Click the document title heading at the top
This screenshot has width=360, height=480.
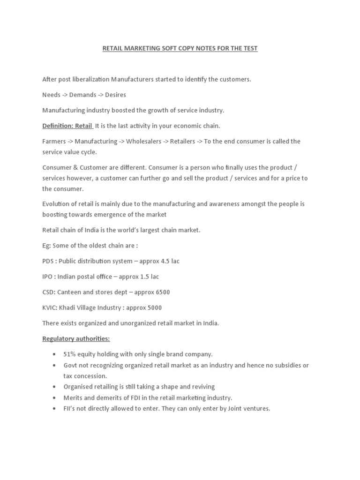point(180,48)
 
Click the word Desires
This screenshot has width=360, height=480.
point(115,95)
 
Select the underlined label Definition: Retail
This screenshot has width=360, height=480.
point(67,126)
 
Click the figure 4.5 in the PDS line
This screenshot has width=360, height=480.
point(167,261)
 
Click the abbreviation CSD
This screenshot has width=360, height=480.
point(49,292)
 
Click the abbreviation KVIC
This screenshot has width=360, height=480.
point(50,307)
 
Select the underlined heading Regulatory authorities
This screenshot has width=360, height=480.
point(76,338)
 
